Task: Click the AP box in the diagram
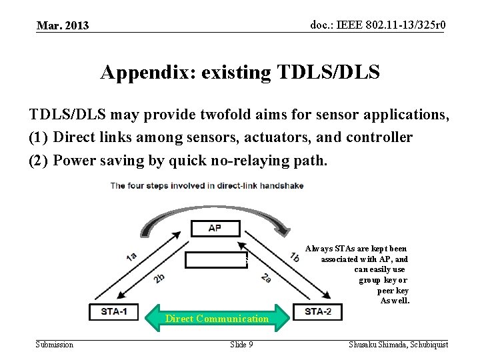click(215, 228)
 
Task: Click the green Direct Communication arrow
click(217, 319)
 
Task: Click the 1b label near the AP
click(294, 256)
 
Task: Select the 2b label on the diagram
click(159, 277)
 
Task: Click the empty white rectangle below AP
click(215, 260)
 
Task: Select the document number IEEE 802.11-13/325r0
click(377, 25)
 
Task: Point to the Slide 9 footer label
click(241, 344)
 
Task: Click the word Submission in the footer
click(55, 344)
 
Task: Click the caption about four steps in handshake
click(207, 185)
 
